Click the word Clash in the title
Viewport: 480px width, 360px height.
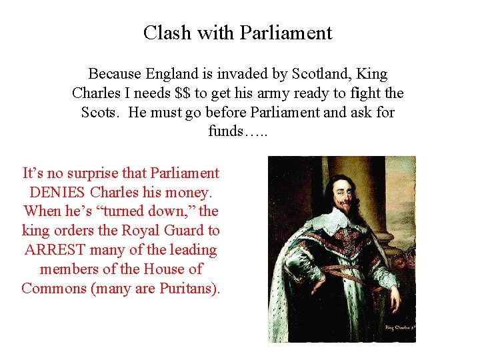164,33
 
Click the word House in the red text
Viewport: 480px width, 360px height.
169,269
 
